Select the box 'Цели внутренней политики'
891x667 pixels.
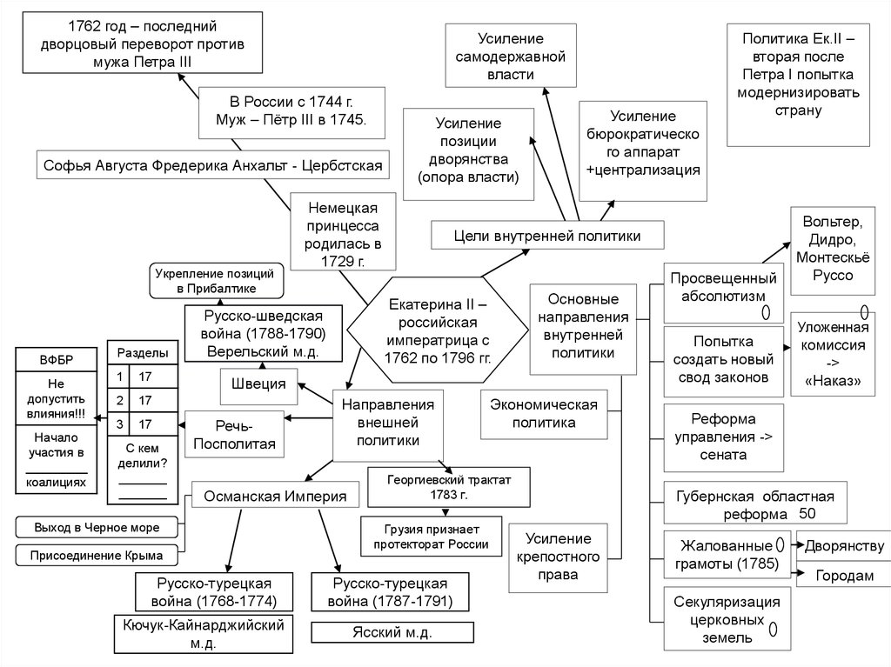pyautogui.click(x=547, y=235)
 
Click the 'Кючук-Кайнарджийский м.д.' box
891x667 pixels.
pyautogui.click(x=203, y=634)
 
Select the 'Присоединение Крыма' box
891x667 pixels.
pyautogui.click(x=97, y=554)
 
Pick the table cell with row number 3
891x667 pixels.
pyautogui.click(x=117, y=424)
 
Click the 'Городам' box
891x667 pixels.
pyautogui.click(x=842, y=576)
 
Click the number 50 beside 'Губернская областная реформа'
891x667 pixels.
pyautogui.click(x=806, y=513)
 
